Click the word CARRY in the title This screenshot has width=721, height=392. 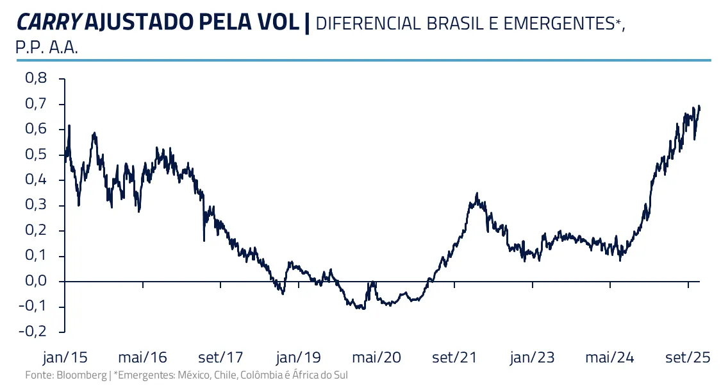[49, 22]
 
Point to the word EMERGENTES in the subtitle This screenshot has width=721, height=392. [558, 24]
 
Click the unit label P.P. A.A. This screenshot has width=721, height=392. [46, 49]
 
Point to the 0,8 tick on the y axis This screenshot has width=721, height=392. [36, 78]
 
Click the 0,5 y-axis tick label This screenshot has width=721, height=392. [36, 155]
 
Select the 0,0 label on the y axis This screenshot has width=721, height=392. [36, 281]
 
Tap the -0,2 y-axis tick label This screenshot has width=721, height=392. [33, 332]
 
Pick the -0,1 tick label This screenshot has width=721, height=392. [33, 307]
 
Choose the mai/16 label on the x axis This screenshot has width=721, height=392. [142, 357]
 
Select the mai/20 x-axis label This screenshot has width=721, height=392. [377, 357]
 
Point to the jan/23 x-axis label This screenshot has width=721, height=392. [532, 357]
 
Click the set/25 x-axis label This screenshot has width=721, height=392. [686, 357]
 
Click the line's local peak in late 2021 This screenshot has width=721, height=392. [477, 193]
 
